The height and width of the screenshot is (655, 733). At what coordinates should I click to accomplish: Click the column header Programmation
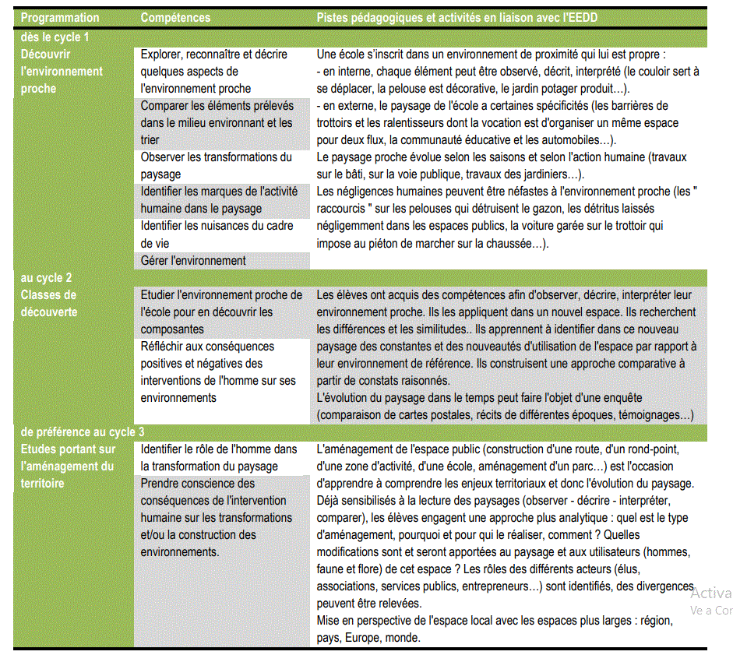pos(60,17)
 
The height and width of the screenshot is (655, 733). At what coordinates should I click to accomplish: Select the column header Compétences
pos(175,17)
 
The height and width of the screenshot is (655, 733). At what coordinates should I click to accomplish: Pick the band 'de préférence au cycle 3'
pos(83,432)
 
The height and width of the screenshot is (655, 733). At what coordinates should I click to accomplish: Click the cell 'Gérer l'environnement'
pos(193,261)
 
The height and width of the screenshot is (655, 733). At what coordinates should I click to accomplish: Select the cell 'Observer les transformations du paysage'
pos(216,165)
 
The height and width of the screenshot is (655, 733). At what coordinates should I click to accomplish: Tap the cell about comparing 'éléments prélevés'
pos(217,122)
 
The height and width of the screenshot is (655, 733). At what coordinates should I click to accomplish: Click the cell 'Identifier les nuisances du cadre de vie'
pos(217,234)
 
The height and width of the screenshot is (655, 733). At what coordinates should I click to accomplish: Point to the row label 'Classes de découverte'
pos(48,303)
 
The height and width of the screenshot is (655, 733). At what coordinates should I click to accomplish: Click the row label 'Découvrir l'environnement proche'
pos(62,71)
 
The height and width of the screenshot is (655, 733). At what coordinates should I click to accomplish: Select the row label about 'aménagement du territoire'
pos(68,466)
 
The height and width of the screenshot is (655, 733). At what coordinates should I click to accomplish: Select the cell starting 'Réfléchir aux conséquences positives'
pos(218,372)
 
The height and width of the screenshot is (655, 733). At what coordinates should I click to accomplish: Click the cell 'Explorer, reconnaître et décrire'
pos(214,71)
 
